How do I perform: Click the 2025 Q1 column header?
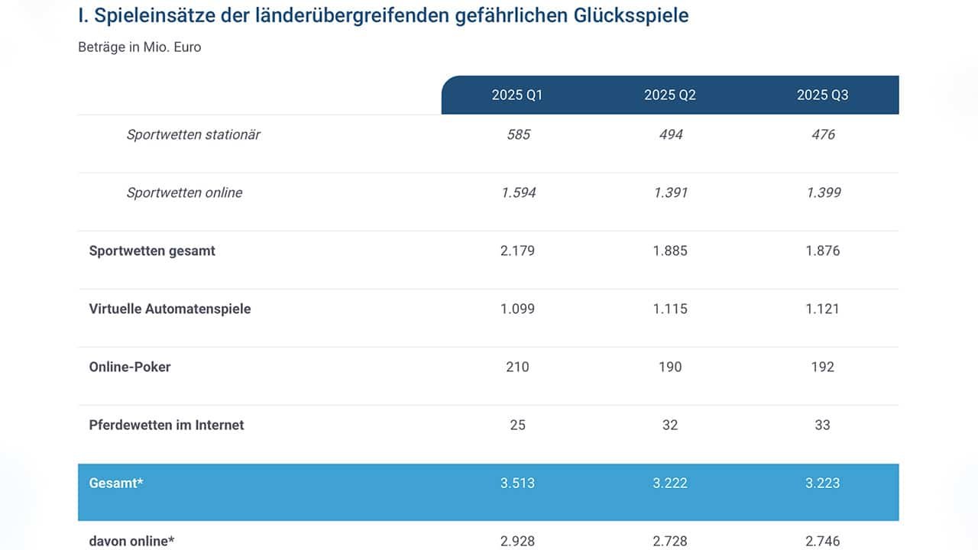tap(517, 95)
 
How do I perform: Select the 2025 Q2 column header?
tap(670, 95)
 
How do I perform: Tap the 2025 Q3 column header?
tap(823, 95)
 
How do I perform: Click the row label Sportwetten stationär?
tap(193, 135)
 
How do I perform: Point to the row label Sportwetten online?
tap(184, 193)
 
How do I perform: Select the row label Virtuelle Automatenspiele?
tap(170, 309)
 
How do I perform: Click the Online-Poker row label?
tap(130, 367)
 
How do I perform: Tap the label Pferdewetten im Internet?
tap(167, 425)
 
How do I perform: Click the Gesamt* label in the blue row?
tap(116, 484)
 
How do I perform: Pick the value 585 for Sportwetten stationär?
tap(518, 135)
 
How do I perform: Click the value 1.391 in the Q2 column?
tap(670, 193)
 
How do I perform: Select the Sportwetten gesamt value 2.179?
tap(517, 251)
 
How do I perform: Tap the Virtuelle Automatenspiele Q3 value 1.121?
tap(822, 309)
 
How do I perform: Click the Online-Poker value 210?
tap(517, 367)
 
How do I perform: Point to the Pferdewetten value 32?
tap(670, 425)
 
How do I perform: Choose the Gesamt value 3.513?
tap(517, 484)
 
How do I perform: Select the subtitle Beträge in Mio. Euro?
tap(140, 47)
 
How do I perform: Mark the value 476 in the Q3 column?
tap(823, 135)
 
